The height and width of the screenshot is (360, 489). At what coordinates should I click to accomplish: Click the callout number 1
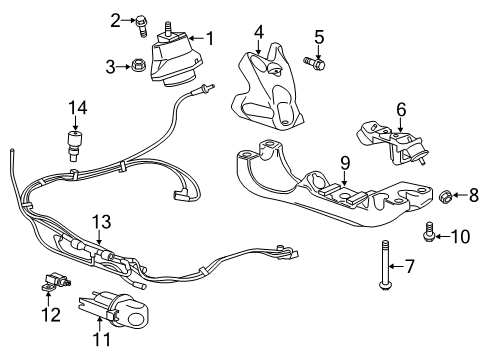210,38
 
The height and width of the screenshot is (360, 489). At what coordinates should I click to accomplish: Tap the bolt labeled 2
141,26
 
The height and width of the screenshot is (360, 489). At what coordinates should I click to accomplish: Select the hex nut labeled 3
136,65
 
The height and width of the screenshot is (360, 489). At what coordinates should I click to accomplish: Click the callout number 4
259,32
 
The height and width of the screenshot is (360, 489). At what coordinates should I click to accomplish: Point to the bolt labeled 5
314,62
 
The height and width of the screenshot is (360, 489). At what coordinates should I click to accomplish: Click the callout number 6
401,109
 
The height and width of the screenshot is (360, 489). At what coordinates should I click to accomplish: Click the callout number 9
345,163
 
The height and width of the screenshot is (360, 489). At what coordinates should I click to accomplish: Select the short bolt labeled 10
428,231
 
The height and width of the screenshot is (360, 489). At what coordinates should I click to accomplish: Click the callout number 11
101,339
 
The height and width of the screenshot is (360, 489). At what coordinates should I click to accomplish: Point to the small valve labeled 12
56,281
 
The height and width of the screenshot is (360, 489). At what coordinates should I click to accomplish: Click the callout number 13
101,222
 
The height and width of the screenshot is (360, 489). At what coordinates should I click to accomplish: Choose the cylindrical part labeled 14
75,146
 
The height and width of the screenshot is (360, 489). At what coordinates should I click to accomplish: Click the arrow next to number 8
459,195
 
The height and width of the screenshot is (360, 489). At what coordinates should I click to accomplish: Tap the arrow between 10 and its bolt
442,236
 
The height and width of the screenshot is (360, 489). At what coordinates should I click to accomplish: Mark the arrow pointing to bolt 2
128,21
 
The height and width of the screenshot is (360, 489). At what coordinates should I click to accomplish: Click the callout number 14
78,108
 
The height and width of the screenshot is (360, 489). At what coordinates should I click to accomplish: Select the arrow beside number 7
396,266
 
